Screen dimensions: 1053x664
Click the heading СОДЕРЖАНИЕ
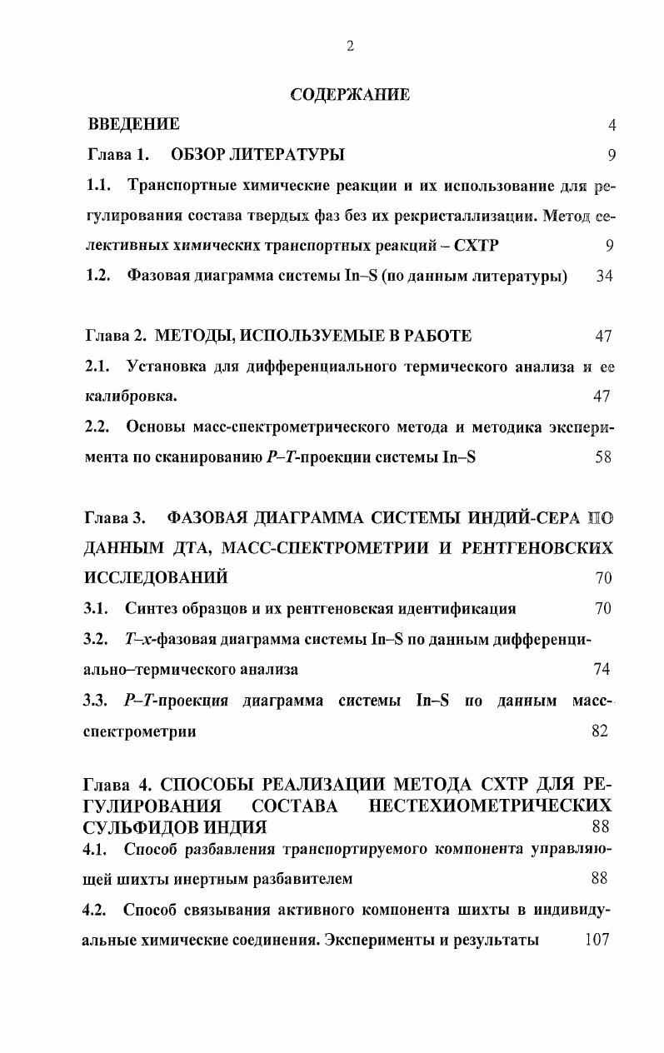pyautogui.click(x=350, y=94)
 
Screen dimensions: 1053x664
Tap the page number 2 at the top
pyautogui.click(x=350, y=47)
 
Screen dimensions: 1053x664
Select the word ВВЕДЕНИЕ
pyautogui.click(x=133, y=125)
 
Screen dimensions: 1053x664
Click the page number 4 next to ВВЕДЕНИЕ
pyautogui.click(x=612, y=126)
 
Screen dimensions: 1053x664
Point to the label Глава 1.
pyautogui.click(x=117, y=154)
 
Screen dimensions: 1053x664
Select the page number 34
pyautogui.click(x=605, y=276)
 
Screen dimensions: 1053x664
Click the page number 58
pyautogui.click(x=605, y=457)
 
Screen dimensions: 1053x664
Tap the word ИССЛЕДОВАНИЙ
pyautogui.click(x=156, y=577)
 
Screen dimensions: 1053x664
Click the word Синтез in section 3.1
pyautogui.click(x=151, y=608)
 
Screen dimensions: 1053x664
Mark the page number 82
pyautogui.click(x=599, y=731)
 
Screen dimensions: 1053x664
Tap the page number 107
pyautogui.click(x=597, y=939)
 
